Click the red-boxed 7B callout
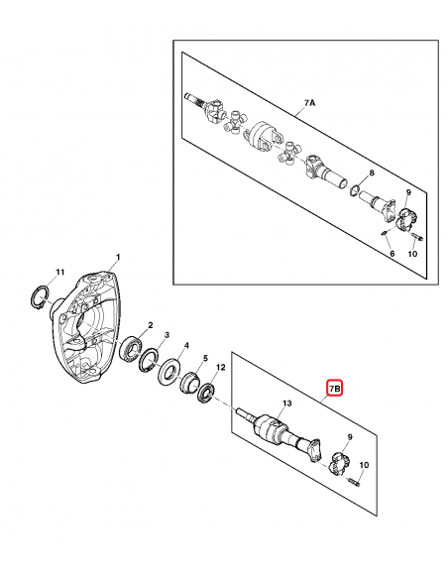tap(334, 391)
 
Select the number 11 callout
tap(59, 272)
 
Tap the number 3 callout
tap(166, 336)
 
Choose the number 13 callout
tap(286, 404)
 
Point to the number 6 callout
tap(391, 255)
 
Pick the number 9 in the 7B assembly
tap(348, 436)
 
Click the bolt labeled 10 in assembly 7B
tap(352, 483)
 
